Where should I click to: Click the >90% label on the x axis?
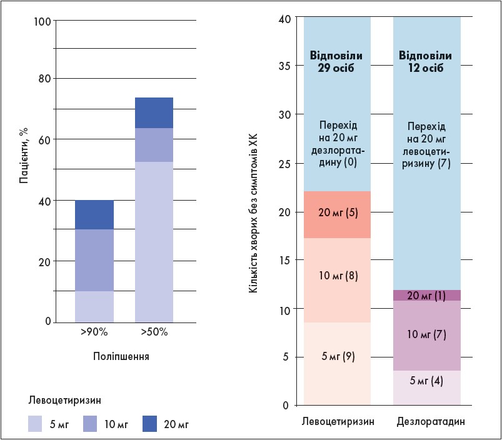pyautogui.click(x=94, y=332)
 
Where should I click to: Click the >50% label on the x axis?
pyautogui.click(x=154, y=332)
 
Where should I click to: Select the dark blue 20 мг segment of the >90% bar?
pyautogui.click(x=94, y=215)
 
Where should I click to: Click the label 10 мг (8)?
pyautogui.click(x=337, y=275)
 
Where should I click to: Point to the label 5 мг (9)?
pyautogui.click(x=337, y=357)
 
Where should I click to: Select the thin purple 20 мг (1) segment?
pyautogui.click(x=426, y=296)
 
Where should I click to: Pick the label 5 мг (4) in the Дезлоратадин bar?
pyautogui.click(x=426, y=380)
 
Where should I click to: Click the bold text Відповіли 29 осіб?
pyautogui.click(x=337, y=62)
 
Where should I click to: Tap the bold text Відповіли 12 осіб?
pyautogui.click(x=426, y=62)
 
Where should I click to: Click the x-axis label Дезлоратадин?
pyautogui.click(x=431, y=422)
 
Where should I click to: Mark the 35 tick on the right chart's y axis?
pyautogui.click(x=283, y=67)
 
